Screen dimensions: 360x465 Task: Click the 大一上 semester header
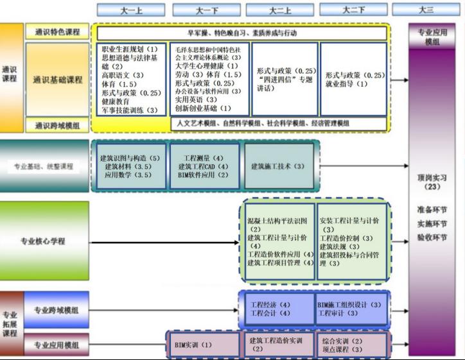132,10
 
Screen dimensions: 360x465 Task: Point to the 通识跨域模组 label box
57,124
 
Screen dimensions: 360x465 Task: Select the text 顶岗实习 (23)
431,182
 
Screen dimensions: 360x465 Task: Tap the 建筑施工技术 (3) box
279,166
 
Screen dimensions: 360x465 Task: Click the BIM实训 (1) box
193,345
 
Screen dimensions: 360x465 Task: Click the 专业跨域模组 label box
57,310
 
